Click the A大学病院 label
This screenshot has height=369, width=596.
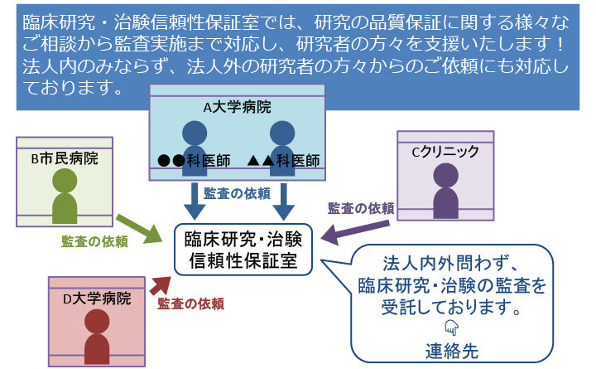[237, 107]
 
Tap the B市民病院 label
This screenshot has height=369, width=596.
[64, 158]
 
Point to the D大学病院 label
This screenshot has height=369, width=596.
[98, 297]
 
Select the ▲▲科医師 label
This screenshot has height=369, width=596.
[282, 160]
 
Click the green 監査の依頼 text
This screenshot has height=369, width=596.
[94, 242]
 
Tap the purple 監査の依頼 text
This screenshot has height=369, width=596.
[360, 207]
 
